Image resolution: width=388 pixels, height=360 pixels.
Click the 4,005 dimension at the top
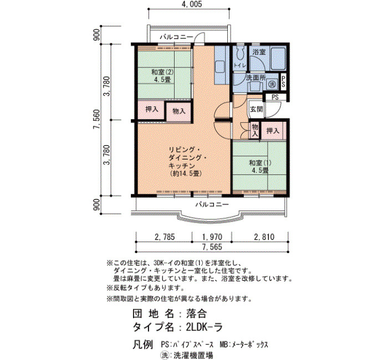click(x=190, y=4)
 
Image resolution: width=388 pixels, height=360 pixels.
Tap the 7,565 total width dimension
click(x=212, y=247)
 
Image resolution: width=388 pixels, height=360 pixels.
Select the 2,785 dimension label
click(x=165, y=237)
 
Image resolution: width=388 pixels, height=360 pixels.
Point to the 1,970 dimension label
click(x=212, y=237)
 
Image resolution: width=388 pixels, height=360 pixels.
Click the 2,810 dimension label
click(x=264, y=237)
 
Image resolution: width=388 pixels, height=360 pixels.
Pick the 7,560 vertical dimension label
click(x=96, y=120)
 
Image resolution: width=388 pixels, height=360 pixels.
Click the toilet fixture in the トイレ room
click(x=239, y=53)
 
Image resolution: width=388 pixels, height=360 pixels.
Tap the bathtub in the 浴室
click(x=278, y=59)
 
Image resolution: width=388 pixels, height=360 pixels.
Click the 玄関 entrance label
click(x=256, y=109)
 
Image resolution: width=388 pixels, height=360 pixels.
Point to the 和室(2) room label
click(x=162, y=72)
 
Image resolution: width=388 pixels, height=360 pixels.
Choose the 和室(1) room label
click(x=260, y=163)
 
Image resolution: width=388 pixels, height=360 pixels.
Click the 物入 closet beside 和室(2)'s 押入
click(x=178, y=111)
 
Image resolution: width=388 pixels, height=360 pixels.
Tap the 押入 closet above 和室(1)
click(x=273, y=131)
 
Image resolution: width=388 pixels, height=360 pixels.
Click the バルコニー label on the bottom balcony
click(x=212, y=204)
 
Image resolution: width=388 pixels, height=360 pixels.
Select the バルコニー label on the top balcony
click(x=176, y=37)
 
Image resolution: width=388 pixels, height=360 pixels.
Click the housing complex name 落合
click(x=196, y=313)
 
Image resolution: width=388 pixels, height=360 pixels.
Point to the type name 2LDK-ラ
click(x=205, y=327)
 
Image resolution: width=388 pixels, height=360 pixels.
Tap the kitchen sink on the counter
click(x=219, y=66)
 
